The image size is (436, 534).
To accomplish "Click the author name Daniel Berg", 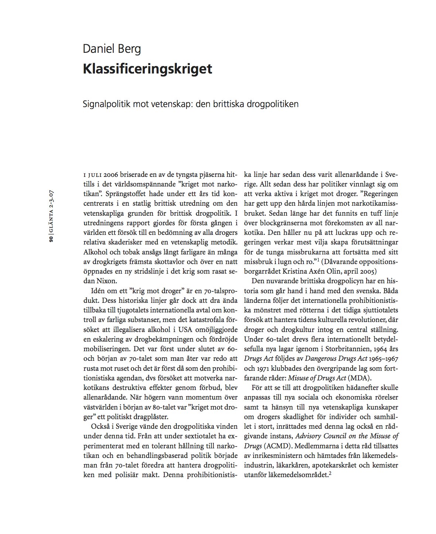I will click(111, 49).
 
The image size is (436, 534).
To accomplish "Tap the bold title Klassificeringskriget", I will click(147, 69).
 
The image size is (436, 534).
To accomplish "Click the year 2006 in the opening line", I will click(111, 175).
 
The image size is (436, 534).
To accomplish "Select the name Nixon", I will click(107, 281).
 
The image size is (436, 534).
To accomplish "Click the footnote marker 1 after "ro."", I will click(318, 260).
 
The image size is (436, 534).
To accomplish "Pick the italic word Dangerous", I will click(320, 359).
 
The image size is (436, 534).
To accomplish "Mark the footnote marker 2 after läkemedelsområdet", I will click(330, 473).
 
